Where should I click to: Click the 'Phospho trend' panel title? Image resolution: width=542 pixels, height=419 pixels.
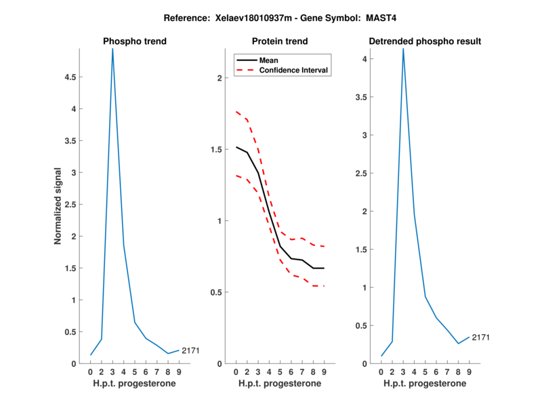click(135, 41)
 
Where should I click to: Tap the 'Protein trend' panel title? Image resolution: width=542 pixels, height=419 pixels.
click(280, 41)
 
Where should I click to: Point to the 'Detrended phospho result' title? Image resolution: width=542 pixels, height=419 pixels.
click(425, 41)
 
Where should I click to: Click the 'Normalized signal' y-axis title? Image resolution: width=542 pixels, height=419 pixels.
click(58, 206)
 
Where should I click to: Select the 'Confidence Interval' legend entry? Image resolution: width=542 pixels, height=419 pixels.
click(293, 70)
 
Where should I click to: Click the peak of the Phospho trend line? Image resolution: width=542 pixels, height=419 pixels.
click(112, 49)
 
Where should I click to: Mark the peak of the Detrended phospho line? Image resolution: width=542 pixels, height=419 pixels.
click(403, 49)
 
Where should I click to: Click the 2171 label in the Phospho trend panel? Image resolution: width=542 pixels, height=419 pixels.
click(190, 351)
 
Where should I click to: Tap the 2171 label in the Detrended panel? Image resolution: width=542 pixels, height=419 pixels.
click(480, 337)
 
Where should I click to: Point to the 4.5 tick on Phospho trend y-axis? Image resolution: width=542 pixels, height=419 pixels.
click(70, 77)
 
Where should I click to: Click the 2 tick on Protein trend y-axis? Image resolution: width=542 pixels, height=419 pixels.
click(219, 78)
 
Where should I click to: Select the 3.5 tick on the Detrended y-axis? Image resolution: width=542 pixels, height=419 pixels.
click(364, 97)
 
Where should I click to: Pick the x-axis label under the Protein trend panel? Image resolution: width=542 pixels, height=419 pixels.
click(280, 383)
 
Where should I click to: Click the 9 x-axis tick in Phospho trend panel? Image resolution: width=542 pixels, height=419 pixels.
click(178, 372)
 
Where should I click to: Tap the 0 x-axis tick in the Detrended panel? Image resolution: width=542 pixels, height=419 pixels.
click(381, 372)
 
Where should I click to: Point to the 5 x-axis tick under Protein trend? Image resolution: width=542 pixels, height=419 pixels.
click(280, 372)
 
